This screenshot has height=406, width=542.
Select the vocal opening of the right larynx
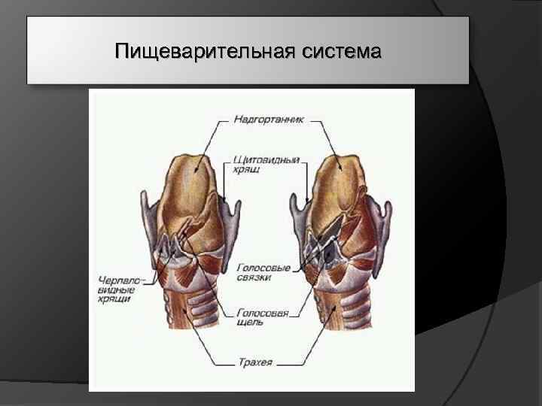[x=320, y=245]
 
